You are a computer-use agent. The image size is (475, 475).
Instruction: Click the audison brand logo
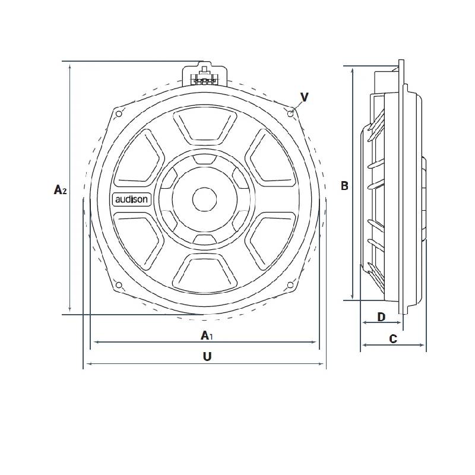pyautogui.click(x=132, y=199)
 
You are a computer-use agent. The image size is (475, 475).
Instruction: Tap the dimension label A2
pyautogui.click(x=60, y=190)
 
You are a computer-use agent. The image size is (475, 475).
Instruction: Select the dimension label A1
pyautogui.click(x=206, y=336)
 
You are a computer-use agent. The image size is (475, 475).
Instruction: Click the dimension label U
pyautogui.click(x=207, y=356)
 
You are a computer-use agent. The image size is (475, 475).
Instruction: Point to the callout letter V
pyautogui.click(x=304, y=97)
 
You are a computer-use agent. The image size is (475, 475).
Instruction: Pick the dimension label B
pyautogui.click(x=344, y=186)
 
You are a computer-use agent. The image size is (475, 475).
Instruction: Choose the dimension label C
pyautogui.click(x=392, y=339)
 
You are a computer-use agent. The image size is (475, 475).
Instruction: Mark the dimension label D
pyautogui.click(x=382, y=317)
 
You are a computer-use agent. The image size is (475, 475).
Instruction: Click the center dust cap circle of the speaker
pyautogui.click(x=204, y=199)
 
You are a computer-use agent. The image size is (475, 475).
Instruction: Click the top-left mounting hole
pyautogui.click(x=118, y=113)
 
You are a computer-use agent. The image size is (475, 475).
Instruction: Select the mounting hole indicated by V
pyautogui.click(x=290, y=113)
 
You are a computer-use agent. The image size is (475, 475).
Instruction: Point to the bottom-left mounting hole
pyautogui.click(x=118, y=286)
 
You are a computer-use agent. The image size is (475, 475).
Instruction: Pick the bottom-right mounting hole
pyautogui.click(x=290, y=286)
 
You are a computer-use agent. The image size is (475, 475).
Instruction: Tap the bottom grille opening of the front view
pyautogui.click(x=204, y=271)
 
